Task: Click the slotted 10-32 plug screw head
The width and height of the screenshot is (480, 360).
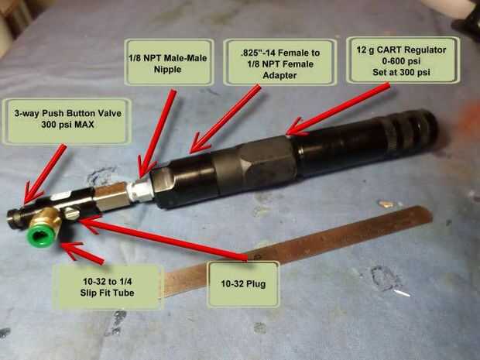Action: tap(72, 213)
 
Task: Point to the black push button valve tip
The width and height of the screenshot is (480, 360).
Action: tap(15, 218)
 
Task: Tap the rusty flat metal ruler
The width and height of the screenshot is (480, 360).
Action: tap(297, 251)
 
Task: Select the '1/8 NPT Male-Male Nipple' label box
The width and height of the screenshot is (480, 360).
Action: tap(169, 62)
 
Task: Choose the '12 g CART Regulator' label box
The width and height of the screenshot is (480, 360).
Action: tap(403, 60)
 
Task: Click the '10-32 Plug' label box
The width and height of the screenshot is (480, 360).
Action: tap(243, 284)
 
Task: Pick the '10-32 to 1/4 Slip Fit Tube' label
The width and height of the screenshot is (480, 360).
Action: tap(107, 287)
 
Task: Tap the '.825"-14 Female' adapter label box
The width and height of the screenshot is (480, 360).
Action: tap(279, 62)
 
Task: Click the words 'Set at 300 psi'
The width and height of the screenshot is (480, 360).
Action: tap(401, 72)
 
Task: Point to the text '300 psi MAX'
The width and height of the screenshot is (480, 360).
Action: tap(67, 125)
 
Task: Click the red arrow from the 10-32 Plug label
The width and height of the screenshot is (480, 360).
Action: tap(163, 238)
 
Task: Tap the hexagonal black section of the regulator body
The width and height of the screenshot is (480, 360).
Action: tap(255, 163)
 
